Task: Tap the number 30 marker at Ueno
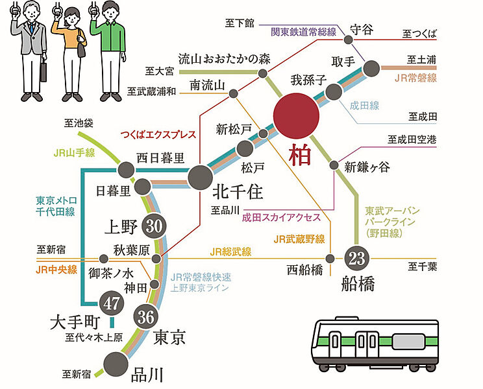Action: click(154, 226)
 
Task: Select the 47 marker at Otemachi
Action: click(113, 303)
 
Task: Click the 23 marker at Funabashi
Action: click(355, 259)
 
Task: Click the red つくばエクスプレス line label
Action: click(158, 136)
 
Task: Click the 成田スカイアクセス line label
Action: click(278, 218)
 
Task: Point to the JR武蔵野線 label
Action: click(299, 239)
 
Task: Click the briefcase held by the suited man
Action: click(43, 70)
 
